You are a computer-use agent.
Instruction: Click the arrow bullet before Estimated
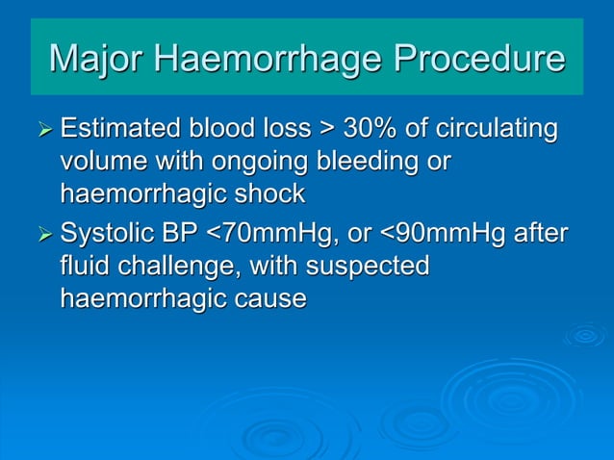point(44,129)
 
